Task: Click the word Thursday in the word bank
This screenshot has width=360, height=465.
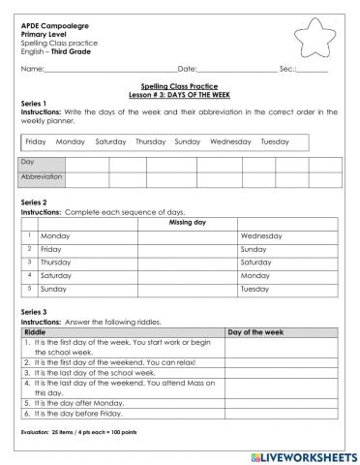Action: coord(151,141)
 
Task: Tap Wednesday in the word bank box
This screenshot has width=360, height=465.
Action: coord(230,141)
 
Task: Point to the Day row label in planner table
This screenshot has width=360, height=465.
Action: coord(28,163)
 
